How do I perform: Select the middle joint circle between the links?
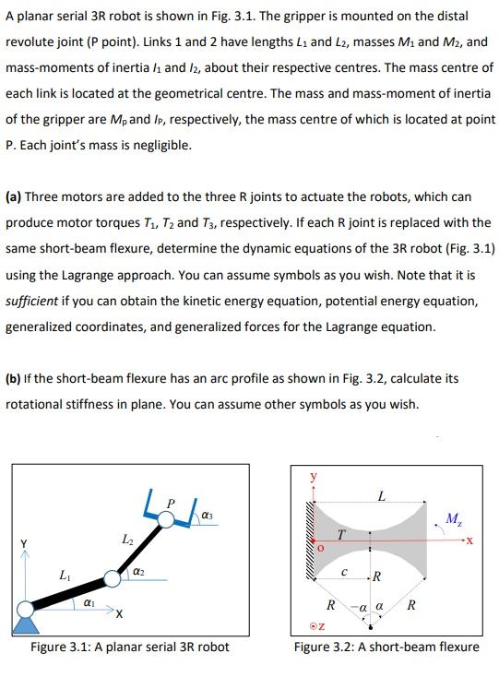click(113, 578)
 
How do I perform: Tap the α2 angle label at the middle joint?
click(137, 573)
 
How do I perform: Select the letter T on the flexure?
click(341, 535)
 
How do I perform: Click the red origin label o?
click(322, 550)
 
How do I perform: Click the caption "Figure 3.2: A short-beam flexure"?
click(386, 646)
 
